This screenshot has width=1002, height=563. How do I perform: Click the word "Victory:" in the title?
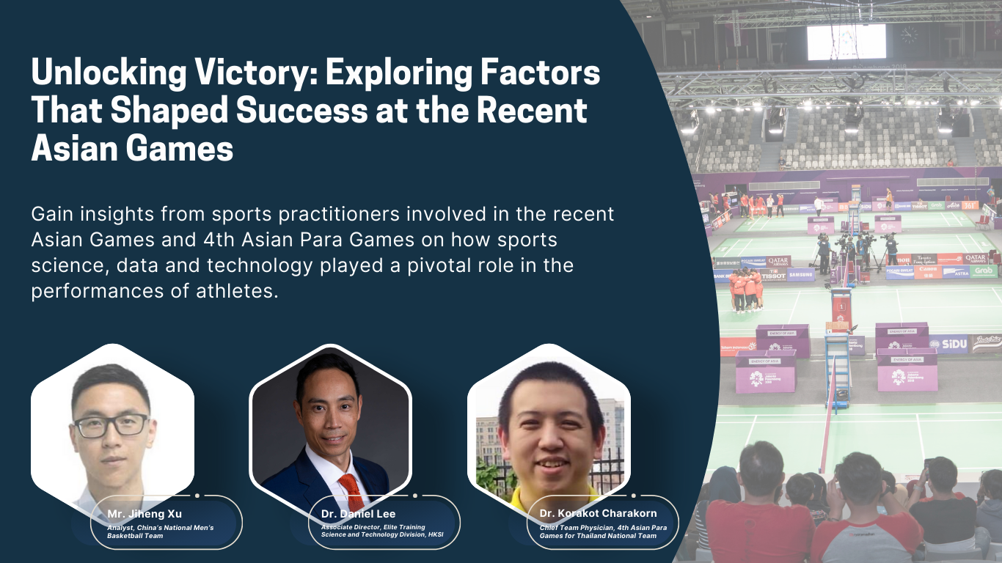[256, 73]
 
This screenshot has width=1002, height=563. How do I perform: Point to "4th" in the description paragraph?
[219, 240]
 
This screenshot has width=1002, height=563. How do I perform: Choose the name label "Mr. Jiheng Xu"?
[145, 514]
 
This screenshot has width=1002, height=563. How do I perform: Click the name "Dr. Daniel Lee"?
[358, 514]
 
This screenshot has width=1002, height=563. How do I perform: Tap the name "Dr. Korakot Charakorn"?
[598, 513]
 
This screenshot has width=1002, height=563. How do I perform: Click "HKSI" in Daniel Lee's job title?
[435, 534]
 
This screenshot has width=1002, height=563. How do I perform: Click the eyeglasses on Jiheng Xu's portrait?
[111, 425]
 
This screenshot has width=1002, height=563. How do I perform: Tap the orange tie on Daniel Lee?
[352, 491]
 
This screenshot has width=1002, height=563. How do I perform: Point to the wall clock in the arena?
[909, 34]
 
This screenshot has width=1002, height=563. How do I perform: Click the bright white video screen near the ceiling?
[846, 42]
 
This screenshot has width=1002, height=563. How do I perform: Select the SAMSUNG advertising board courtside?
[801, 275]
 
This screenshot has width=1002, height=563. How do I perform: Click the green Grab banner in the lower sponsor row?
[983, 271]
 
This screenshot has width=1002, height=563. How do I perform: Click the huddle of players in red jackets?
[746, 289]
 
